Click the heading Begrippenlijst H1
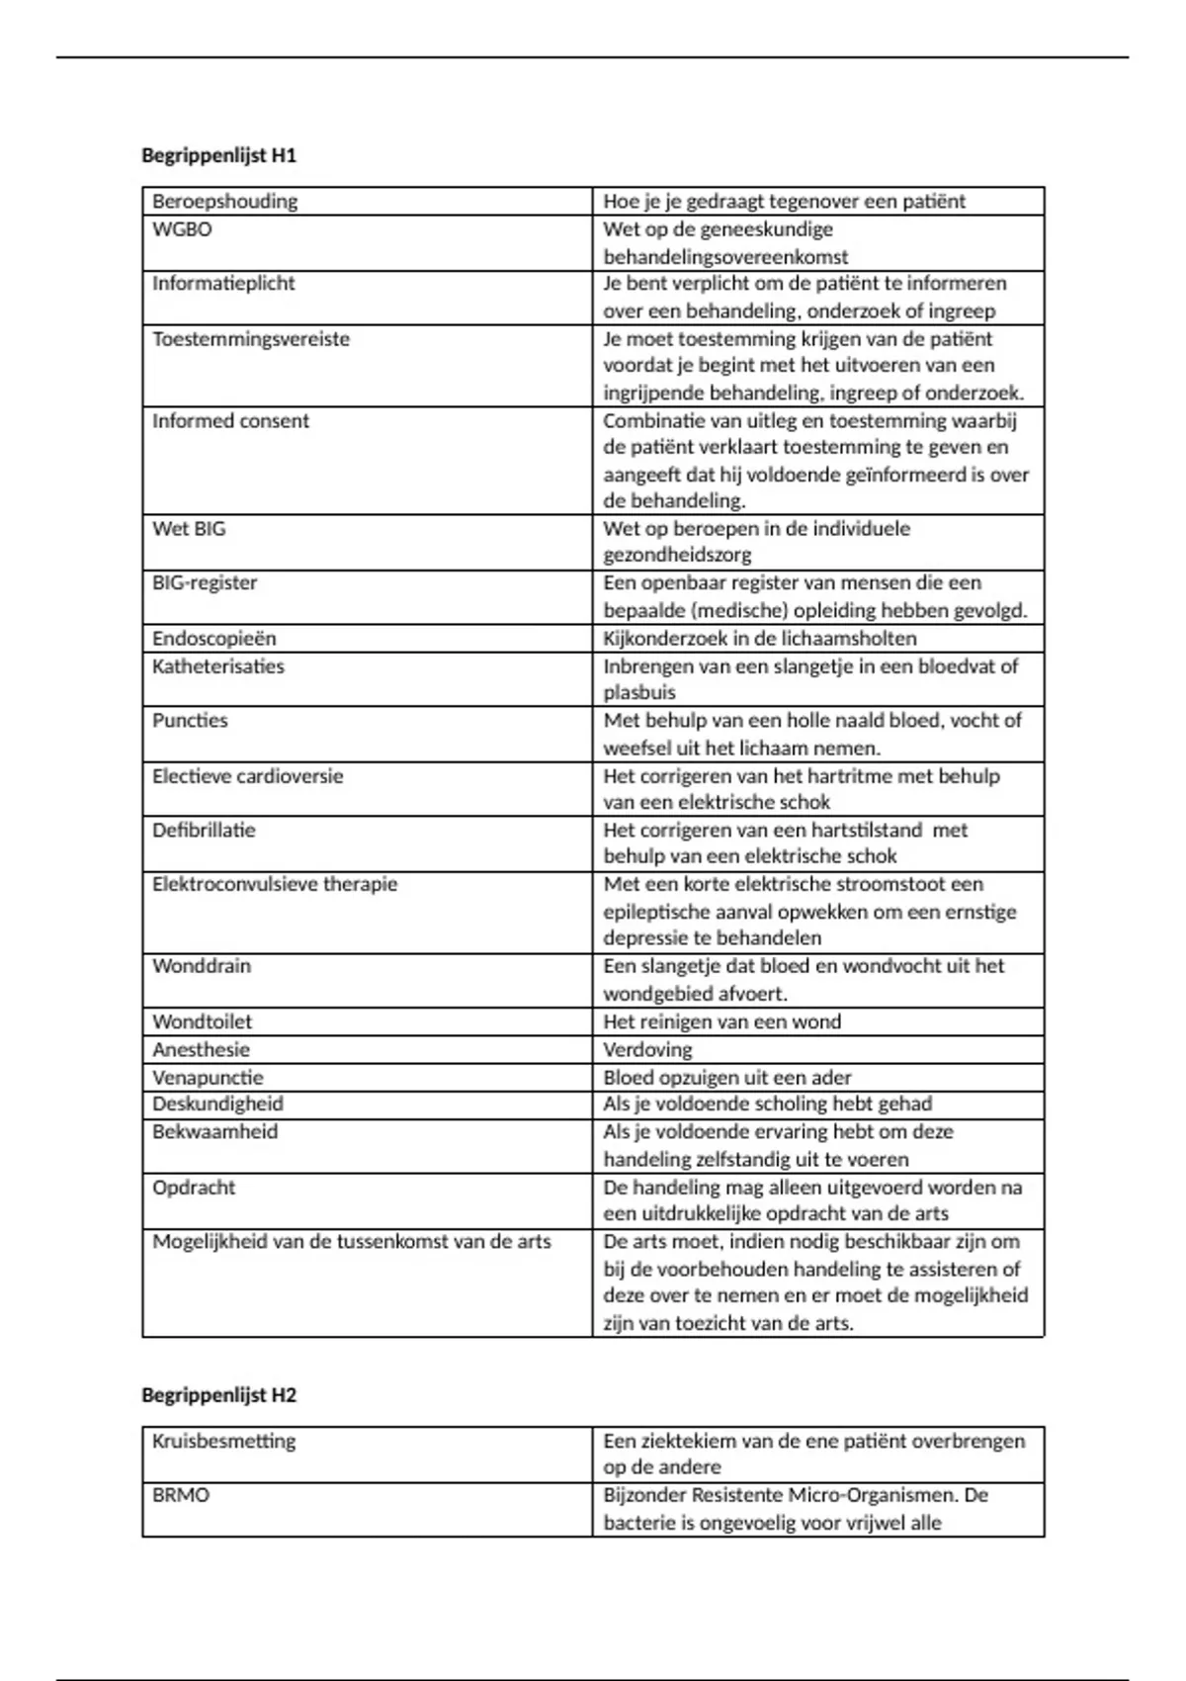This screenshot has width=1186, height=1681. [x=218, y=155]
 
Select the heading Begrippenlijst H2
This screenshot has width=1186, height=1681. [x=218, y=1395]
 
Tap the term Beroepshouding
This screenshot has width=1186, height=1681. [x=224, y=201]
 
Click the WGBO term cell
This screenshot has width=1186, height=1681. [x=182, y=229]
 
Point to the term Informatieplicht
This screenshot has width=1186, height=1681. [x=223, y=284]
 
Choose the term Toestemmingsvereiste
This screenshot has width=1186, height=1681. [x=251, y=339]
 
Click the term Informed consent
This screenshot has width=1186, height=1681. [x=230, y=421]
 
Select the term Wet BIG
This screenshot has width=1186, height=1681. [x=189, y=529]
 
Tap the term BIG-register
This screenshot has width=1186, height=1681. [x=205, y=583]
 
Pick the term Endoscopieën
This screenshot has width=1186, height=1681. [x=214, y=639]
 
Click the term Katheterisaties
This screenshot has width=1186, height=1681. [x=218, y=666]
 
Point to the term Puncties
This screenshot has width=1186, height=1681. [x=190, y=721]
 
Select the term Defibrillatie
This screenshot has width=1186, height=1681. [x=204, y=831]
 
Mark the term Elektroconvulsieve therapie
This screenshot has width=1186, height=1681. [x=275, y=884]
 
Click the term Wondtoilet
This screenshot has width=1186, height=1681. [x=202, y=1021]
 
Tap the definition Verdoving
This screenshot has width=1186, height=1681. [x=647, y=1049]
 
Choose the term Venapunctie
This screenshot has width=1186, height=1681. [x=208, y=1077]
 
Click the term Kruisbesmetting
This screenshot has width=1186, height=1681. [x=223, y=1441]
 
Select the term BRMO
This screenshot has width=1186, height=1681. [x=181, y=1495]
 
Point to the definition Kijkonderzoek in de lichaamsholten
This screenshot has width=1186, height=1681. [x=759, y=639]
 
